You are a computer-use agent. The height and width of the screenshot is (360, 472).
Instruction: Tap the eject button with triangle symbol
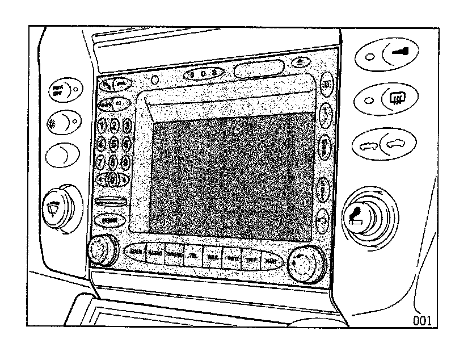point(301,61)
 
